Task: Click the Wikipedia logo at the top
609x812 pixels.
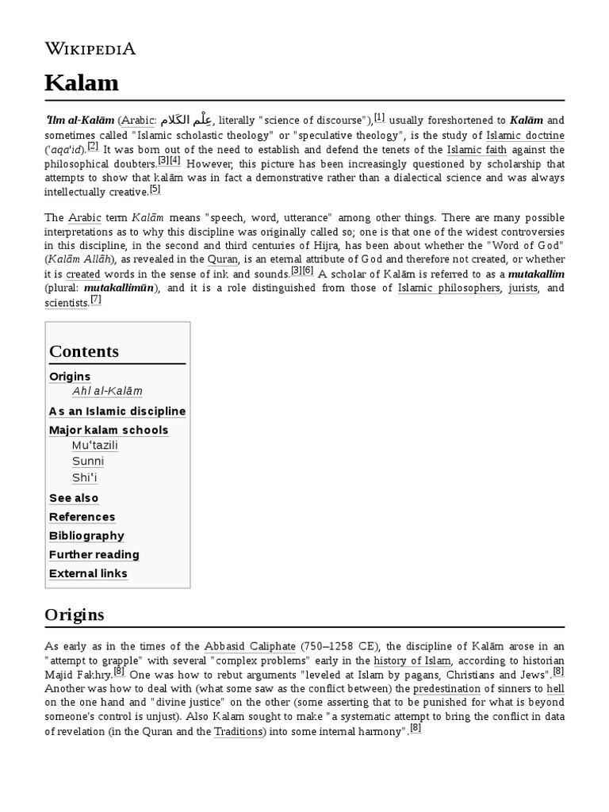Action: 90,49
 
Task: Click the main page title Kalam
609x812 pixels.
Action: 81,82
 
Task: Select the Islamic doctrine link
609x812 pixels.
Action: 525,136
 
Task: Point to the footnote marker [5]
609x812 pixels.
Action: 155,190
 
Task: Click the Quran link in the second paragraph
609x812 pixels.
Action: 223,259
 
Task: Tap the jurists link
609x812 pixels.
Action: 523,288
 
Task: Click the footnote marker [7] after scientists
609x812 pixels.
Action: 96,300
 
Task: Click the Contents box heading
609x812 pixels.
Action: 84,351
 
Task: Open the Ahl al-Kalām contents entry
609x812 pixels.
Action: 107,392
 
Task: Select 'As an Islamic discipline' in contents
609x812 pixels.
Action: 117,411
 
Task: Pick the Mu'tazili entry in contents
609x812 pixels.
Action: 95,446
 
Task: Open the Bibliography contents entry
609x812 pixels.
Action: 86,536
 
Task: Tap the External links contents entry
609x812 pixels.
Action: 88,574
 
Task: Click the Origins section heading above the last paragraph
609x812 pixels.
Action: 76,615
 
